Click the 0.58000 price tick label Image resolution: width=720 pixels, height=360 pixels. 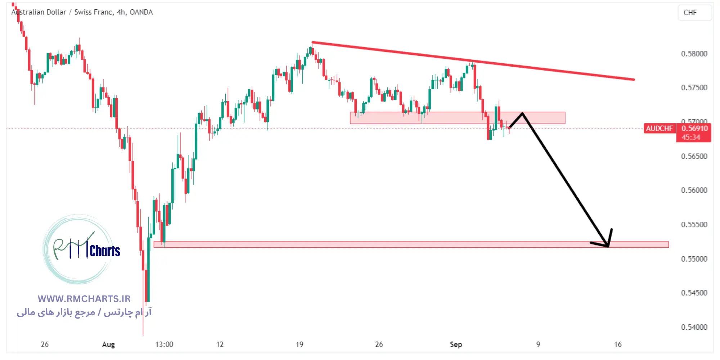694,54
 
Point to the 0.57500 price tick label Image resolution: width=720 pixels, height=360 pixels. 694,88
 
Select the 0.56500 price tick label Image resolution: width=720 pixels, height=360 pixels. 694,157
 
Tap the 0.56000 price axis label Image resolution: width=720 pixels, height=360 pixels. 694,190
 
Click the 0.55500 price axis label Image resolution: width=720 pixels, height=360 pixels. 694,225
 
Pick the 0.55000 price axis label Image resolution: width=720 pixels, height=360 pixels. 694,259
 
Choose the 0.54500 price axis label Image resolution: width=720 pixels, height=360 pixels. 694,293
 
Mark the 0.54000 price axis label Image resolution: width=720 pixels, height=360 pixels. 694,327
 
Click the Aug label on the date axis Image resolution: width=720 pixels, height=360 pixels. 108,345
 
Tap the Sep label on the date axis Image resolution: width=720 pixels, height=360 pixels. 456,345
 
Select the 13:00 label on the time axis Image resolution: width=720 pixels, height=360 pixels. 164,345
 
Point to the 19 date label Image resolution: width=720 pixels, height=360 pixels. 300,345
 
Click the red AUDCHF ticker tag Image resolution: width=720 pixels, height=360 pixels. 659,129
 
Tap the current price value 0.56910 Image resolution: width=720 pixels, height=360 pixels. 694,129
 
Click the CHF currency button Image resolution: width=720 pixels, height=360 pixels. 690,13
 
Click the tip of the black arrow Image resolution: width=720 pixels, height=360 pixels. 608,246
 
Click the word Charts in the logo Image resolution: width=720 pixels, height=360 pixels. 105,251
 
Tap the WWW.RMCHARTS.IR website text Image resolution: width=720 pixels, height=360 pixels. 84,299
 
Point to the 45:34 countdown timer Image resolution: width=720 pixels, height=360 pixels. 690,137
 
